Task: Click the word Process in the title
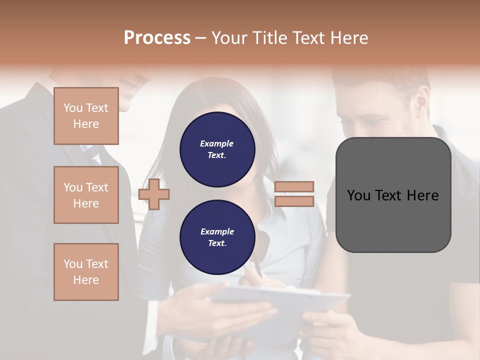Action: [x=157, y=37]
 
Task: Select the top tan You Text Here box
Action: [x=86, y=116]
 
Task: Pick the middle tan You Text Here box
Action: [x=86, y=195]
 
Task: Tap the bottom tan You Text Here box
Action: [x=86, y=271]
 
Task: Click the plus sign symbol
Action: [x=154, y=194]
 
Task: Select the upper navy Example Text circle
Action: [x=217, y=149]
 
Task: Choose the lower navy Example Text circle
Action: [x=217, y=237]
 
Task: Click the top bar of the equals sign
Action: [x=294, y=187]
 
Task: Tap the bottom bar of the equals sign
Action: [x=294, y=201]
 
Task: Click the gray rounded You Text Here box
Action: [x=393, y=195]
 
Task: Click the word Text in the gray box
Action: [x=392, y=195]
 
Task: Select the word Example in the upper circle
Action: [x=217, y=143]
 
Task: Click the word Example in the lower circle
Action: [x=217, y=231]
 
